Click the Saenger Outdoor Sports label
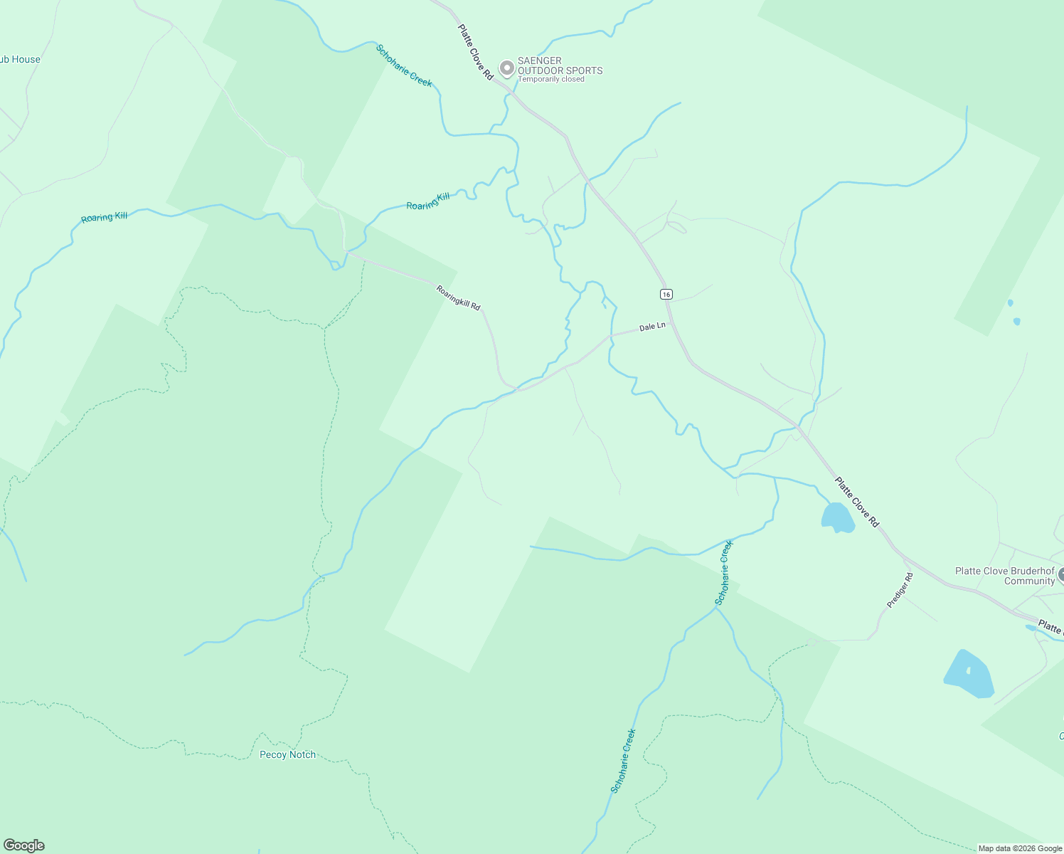click(560, 65)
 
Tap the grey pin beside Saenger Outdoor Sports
click(506, 68)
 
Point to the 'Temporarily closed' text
click(551, 79)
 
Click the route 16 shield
click(666, 294)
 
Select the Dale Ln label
click(652, 327)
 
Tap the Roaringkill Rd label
click(458, 297)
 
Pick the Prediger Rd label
click(900, 590)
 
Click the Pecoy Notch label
click(287, 754)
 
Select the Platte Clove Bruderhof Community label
click(1004, 576)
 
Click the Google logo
click(23, 845)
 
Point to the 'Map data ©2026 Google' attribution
click(1020, 848)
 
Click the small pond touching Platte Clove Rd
click(837, 517)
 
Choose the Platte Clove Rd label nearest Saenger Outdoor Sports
click(475, 52)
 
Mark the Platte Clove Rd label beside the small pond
click(857, 502)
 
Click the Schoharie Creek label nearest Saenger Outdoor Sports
click(404, 65)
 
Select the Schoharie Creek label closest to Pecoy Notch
click(623, 760)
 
